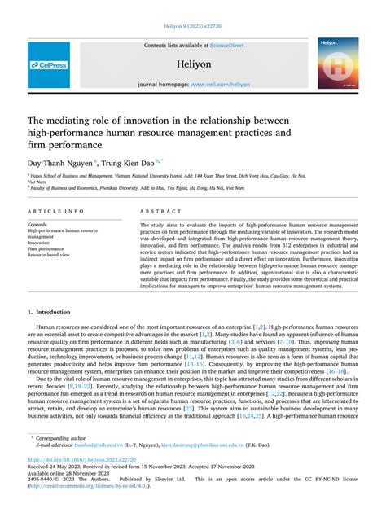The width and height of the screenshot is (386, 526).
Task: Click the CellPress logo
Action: point(50,64)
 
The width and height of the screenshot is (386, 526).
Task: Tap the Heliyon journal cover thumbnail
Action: point(338,63)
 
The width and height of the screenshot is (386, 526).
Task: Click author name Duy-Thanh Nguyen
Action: point(62,162)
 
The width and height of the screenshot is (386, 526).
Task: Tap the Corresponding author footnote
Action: point(64,437)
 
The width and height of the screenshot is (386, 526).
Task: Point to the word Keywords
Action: point(39,224)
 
